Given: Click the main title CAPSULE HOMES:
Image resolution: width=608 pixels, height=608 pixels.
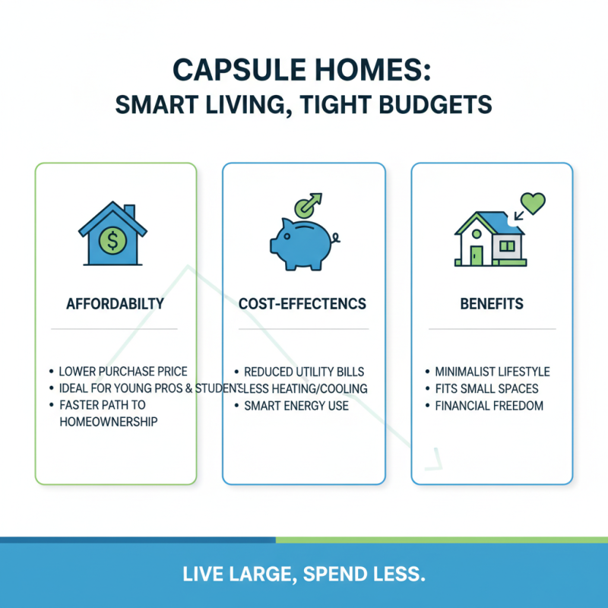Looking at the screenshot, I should pyautogui.click(x=303, y=70).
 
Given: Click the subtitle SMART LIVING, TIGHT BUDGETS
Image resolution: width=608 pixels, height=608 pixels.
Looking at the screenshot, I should pyautogui.click(x=303, y=105).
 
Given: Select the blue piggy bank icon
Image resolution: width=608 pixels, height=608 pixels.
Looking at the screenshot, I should pyautogui.click(x=302, y=241).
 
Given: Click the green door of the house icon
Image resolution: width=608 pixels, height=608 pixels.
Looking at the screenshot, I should pyautogui.click(x=477, y=255).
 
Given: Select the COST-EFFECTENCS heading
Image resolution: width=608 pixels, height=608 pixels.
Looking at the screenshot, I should pyautogui.click(x=302, y=304).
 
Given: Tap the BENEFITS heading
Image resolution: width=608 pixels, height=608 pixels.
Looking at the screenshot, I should pyautogui.click(x=492, y=304).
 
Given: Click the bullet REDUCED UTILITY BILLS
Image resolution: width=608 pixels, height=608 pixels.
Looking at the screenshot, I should pyautogui.click(x=303, y=372).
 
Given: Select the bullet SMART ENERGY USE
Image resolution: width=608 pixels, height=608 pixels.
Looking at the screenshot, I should pyautogui.click(x=296, y=405).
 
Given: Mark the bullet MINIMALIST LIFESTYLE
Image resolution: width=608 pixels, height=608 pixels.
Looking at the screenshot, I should pyautogui.click(x=492, y=372).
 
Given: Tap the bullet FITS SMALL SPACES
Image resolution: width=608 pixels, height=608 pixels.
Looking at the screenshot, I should pyautogui.click(x=486, y=388).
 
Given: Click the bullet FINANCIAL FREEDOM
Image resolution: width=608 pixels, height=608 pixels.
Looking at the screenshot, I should pyautogui.click(x=489, y=405).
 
